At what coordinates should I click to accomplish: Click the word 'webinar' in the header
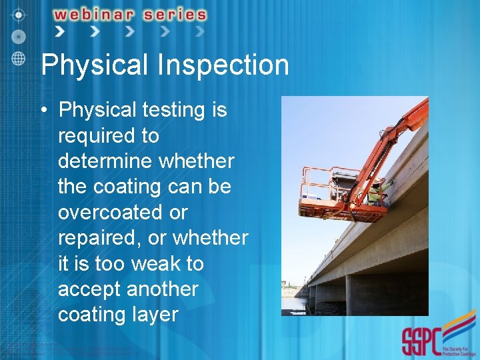91,14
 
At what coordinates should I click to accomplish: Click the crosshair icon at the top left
18,13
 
